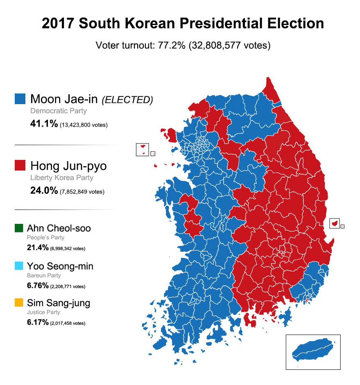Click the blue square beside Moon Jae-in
19,99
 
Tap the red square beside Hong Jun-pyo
19,166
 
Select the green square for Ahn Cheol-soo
19,228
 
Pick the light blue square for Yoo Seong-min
19,266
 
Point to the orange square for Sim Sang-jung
19,303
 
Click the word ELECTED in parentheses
127,100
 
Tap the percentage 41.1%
44,124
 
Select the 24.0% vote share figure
44,191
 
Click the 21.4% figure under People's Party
37,248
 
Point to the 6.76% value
38,286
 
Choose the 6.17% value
38,323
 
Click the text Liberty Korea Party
62,178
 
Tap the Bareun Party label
44,276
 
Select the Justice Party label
44,312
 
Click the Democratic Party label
59,111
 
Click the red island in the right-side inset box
335,223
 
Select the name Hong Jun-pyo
68,166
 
